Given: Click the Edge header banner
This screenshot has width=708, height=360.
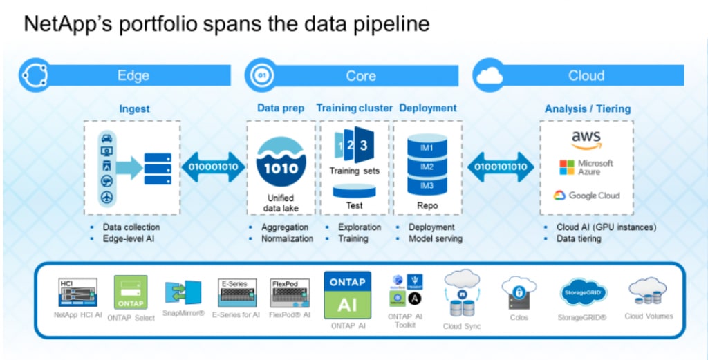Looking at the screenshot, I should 133,75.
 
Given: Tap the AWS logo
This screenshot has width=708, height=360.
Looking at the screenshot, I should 586,139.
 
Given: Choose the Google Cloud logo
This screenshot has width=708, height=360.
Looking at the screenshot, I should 586,196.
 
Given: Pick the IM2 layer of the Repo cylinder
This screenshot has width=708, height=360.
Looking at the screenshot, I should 427,167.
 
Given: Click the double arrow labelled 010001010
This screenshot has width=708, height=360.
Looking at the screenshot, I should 213,167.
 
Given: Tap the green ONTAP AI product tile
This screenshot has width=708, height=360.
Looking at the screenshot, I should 348,295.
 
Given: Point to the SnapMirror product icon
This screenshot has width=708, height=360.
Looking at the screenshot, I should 183,292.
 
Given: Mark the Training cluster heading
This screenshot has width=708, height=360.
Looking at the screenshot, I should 354,108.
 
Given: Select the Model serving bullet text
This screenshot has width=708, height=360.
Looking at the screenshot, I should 435,239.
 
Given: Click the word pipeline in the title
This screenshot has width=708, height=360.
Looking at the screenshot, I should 388,24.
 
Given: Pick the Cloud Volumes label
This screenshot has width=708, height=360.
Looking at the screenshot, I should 648,316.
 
